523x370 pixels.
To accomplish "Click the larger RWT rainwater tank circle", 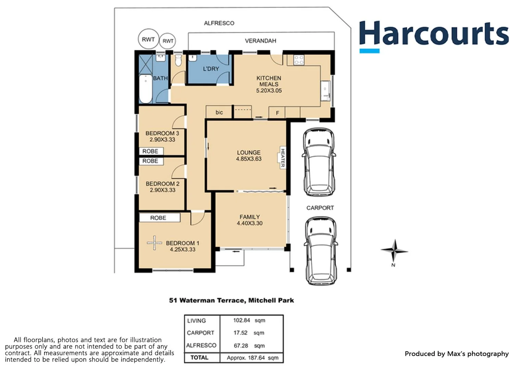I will (x=148, y=39).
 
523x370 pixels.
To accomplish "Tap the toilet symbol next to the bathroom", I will (x=178, y=61).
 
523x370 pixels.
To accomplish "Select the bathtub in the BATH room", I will (x=146, y=89).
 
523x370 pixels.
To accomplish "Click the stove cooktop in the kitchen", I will (x=299, y=60).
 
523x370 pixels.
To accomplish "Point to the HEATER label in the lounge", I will (x=283, y=158).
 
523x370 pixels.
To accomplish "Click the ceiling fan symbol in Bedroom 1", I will (x=154, y=243).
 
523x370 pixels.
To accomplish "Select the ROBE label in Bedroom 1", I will (x=158, y=218).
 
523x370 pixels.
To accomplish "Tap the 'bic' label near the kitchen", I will (x=219, y=112).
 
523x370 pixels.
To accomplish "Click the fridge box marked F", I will (x=277, y=113).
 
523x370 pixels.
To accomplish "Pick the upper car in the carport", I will (x=319, y=162).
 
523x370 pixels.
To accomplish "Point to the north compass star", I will (x=394, y=251).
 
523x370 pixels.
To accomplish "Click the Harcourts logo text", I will (x=434, y=34).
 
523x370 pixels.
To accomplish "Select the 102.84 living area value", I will (x=242, y=320).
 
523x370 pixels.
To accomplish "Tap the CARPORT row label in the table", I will (x=201, y=333).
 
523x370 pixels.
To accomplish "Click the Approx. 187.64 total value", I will (x=252, y=358).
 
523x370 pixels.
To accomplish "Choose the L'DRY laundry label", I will (x=211, y=69).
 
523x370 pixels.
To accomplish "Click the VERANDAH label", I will (x=260, y=41).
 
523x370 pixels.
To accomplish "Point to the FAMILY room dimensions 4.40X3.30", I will (x=250, y=223).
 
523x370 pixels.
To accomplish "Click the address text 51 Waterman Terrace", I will (x=207, y=300).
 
